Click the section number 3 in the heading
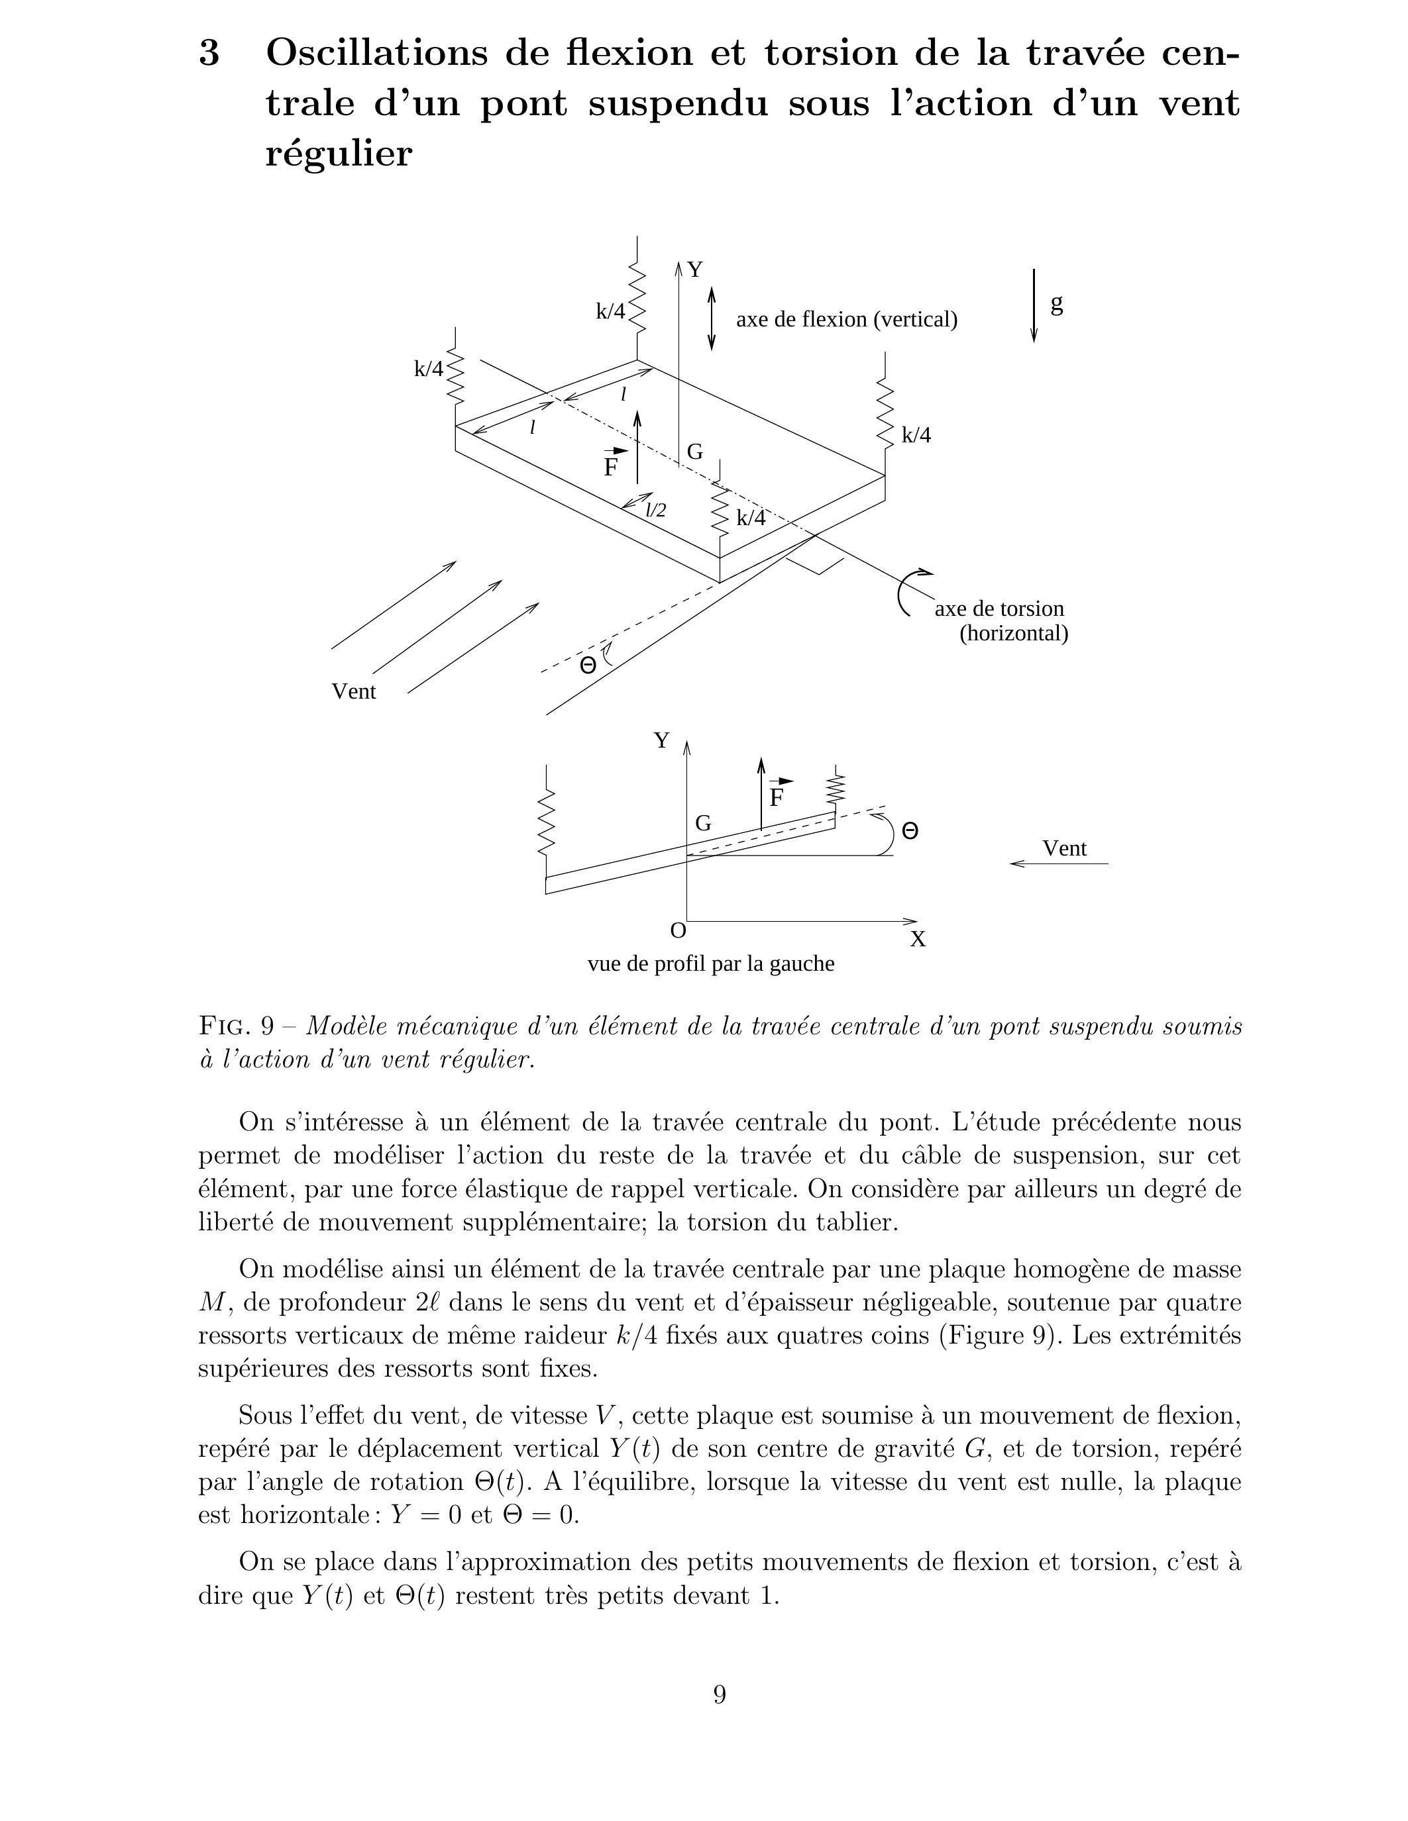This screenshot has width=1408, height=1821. tap(210, 54)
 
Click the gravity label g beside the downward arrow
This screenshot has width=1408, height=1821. tap(1056, 305)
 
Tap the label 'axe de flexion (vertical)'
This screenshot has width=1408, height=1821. tap(846, 319)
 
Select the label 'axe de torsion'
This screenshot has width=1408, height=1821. tap(999, 609)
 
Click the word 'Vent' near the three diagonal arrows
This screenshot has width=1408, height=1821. tap(354, 691)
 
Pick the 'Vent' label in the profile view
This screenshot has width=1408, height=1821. tap(1064, 849)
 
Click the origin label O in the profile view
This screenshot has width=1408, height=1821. tap(678, 930)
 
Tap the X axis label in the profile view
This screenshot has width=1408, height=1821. tap(918, 940)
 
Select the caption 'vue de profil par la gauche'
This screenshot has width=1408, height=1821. tap(711, 964)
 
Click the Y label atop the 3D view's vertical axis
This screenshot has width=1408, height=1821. tap(695, 270)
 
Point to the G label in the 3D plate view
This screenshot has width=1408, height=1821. tap(695, 452)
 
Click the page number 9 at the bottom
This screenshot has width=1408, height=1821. tap(720, 1695)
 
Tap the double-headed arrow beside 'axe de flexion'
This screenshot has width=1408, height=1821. tap(712, 319)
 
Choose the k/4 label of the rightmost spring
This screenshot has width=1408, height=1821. tap(916, 435)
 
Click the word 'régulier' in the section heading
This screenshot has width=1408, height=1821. tap(339, 154)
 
